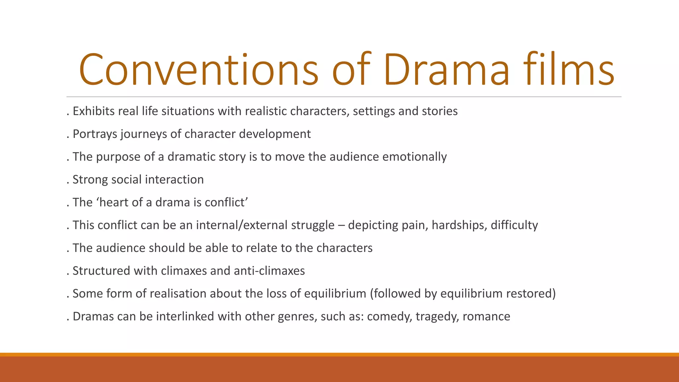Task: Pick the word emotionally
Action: pyautogui.click(x=414, y=157)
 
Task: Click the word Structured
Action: pyautogui.click(x=101, y=271)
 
